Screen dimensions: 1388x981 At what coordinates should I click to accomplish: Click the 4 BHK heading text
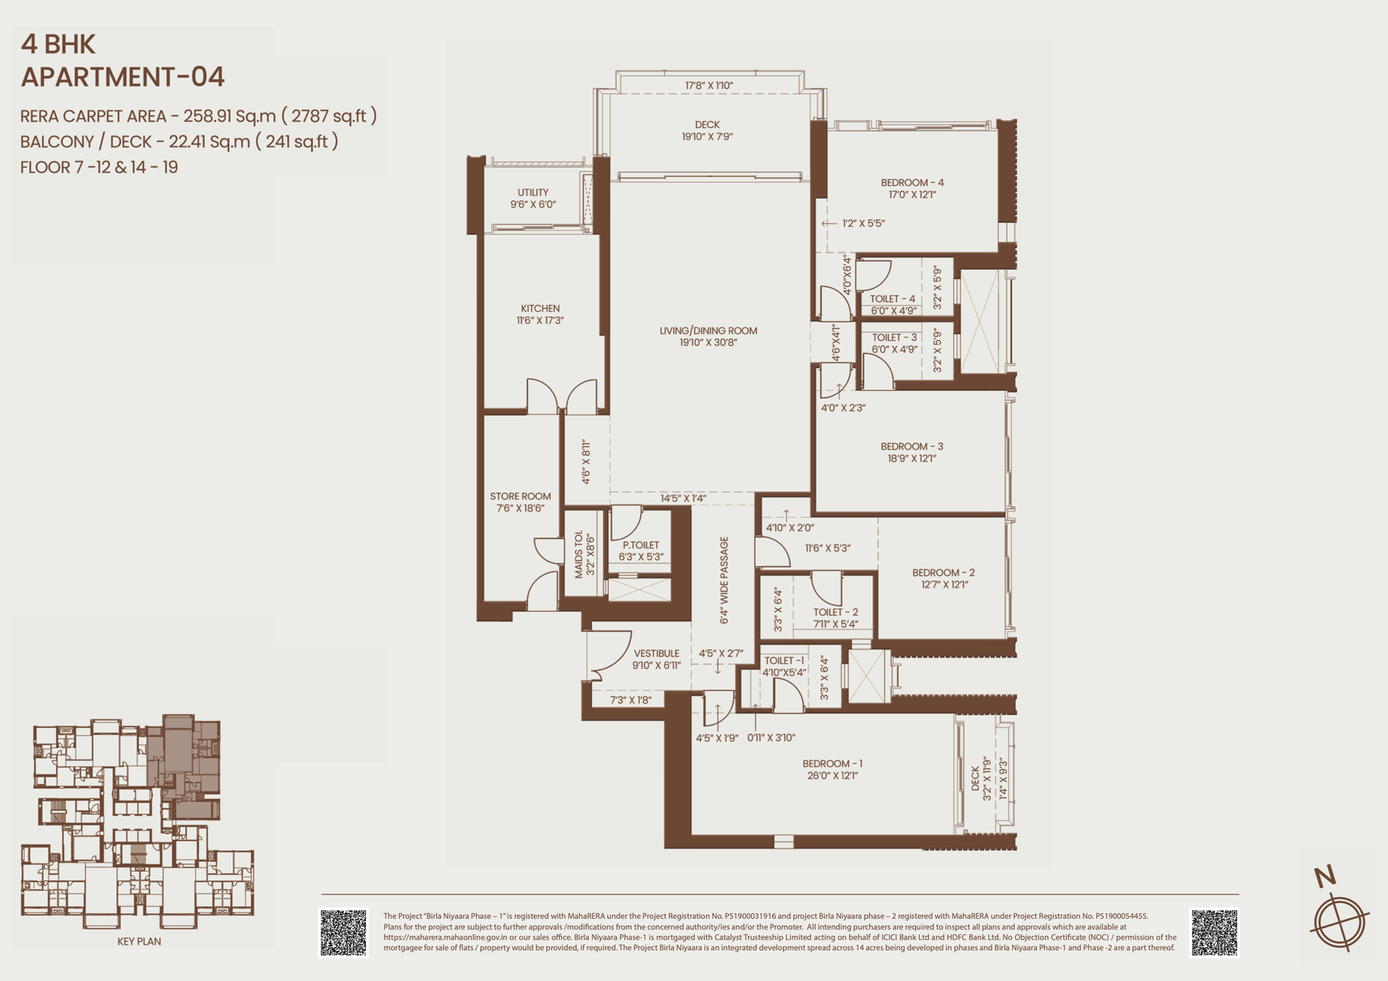pyautogui.click(x=58, y=44)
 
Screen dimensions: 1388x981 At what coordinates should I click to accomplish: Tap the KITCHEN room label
pyautogui.click(x=540, y=309)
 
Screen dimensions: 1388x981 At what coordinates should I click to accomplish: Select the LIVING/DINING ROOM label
pyautogui.click(x=708, y=331)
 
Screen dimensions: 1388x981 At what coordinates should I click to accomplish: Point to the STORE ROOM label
pyautogui.click(x=520, y=496)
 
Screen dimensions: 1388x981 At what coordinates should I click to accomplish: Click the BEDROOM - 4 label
pyautogui.click(x=912, y=182)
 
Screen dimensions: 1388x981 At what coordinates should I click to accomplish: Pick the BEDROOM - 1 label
pyautogui.click(x=832, y=764)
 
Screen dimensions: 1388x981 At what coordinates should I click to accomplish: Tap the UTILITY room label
pyautogui.click(x=533, y=192)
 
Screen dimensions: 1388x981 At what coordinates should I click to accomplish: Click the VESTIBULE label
pyautogui.click(x=657, y=654)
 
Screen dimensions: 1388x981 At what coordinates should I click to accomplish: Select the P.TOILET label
pyautogui.click(x=641, y=545)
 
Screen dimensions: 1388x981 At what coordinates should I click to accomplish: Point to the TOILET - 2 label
pyautogui.click(x=836, y=612)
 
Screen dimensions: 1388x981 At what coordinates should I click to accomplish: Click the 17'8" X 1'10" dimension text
pyautogui.click(x=709, y=85)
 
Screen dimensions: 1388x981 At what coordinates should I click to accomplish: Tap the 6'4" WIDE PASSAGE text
pyautogui.click(x=724, y=581)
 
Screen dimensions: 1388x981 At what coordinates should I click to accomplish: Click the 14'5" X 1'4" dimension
pyautogui.click(x=683, y=498)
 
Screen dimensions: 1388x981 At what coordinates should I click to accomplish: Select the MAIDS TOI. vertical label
pyautogui.click(x=579, y=554)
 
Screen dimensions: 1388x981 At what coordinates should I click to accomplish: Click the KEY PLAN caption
pyautogui.click(x=139, y=941)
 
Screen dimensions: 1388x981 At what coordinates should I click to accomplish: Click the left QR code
pyautogui.click(x=344, y=933)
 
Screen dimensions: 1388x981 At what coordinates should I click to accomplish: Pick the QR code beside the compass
pyautogui.click(x=1214, y=933)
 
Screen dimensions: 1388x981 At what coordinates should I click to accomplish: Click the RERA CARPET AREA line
pyautogui.click(x=198, y=116)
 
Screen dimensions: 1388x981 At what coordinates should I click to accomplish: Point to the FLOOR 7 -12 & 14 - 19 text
pyautogui.click(x=99, y=167)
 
